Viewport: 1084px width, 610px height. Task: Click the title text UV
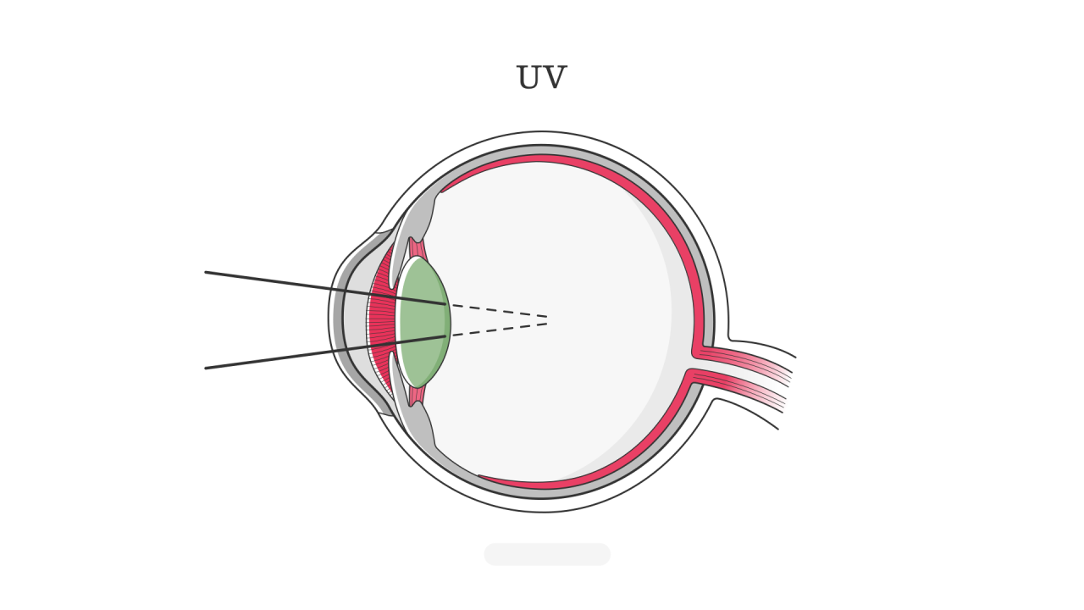click(541, 78)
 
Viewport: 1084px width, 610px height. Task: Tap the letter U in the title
click(528, 78)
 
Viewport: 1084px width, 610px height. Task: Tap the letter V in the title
click(555, 78)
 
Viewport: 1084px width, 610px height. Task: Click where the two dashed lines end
click(548, 320)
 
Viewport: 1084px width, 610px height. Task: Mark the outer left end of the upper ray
click(206, 272)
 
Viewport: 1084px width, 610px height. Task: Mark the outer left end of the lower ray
click(206, 368)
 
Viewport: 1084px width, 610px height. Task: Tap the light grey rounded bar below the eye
click(547, 554)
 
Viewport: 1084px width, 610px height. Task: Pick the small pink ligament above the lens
click(417, 248)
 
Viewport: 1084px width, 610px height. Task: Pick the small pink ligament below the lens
click(417, 395)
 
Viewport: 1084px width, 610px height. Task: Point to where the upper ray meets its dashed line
click(445, 304)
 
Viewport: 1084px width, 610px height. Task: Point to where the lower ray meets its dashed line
click(445, 336)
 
